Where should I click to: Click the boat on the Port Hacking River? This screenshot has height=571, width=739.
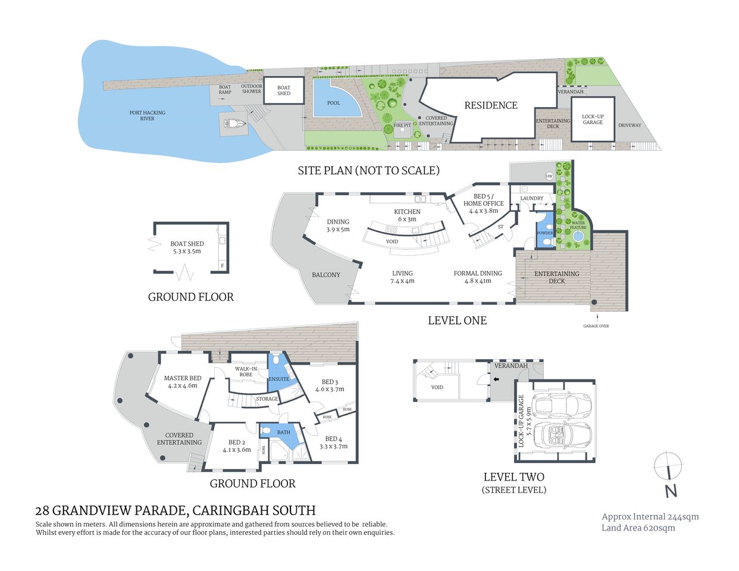[234, 124]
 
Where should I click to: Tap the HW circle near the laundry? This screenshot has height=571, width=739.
[549, 176]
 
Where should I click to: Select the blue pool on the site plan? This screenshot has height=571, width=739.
[334, 99]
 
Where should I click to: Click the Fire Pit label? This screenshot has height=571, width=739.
[402, 126]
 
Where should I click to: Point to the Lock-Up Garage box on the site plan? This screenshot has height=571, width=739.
[593, 119]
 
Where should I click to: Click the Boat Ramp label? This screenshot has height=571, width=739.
[224, 90]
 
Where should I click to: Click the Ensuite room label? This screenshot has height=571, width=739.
[278, 379]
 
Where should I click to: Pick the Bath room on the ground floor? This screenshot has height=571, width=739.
[284, 433]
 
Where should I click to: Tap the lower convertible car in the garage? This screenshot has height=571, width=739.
[562, 437]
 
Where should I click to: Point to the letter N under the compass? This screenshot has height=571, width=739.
[671, 491]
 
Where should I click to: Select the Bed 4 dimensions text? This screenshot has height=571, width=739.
[333, 446]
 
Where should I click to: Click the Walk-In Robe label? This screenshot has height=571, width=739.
[245, 371]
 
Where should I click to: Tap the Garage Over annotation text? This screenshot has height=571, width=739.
[596, 326]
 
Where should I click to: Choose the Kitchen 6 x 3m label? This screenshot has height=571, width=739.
[408, 215]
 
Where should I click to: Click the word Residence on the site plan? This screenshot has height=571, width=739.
[491, 105]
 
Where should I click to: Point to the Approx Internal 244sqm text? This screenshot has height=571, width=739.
[650, 517]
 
